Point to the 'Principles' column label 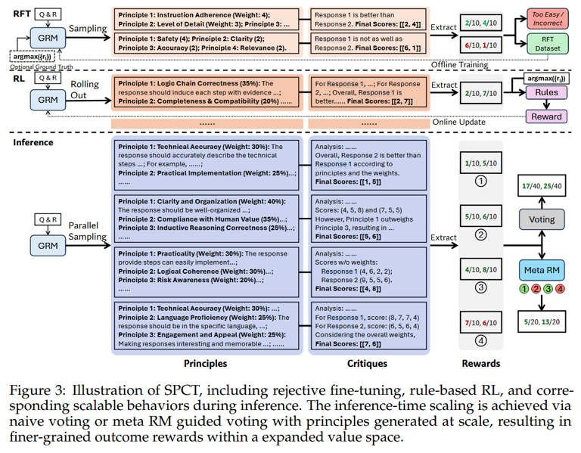[205, 363]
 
